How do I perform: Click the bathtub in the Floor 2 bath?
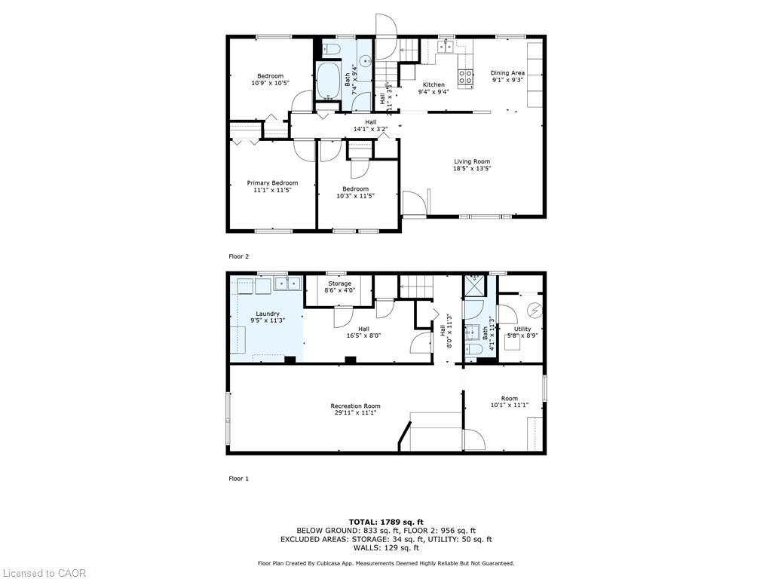(328, 81)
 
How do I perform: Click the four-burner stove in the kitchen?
(466, 76)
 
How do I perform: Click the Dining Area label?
(507, 73)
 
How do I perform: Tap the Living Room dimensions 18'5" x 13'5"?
(472, 169)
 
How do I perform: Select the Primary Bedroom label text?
(272, 183)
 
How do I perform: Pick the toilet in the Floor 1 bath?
(473, 349)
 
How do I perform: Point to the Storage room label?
(339, 283)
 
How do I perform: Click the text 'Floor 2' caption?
(238, 256)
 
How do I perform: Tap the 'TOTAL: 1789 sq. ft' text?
(385, 522)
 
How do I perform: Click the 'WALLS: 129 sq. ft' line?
(385, 547)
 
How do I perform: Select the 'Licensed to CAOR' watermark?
(44, 573)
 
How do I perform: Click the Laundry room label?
(268, 314)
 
